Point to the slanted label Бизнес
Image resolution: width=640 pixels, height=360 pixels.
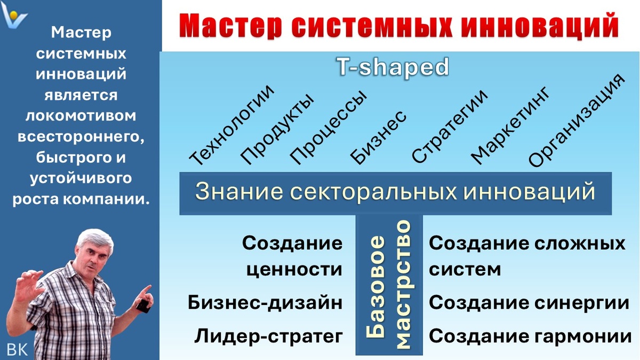click(379, 137)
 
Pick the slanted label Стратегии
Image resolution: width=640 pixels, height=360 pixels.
click(450, 126)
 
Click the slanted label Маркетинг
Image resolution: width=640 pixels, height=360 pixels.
click(511, 127)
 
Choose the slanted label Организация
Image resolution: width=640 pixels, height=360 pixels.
click(575, 122)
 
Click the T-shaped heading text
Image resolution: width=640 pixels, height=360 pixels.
click(393, 67)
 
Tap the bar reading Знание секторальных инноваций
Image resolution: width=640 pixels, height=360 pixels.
click(395, 193)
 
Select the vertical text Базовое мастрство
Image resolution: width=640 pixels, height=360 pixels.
click(389, 285)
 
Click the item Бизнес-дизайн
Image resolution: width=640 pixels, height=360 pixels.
click(265, 303)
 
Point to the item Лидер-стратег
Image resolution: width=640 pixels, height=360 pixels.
click(268, 337)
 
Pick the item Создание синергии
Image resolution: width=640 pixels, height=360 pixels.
click(529, 303)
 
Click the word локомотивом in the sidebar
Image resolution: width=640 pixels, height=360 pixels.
click(81, 116)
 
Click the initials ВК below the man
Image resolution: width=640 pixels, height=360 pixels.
click(17, 349)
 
